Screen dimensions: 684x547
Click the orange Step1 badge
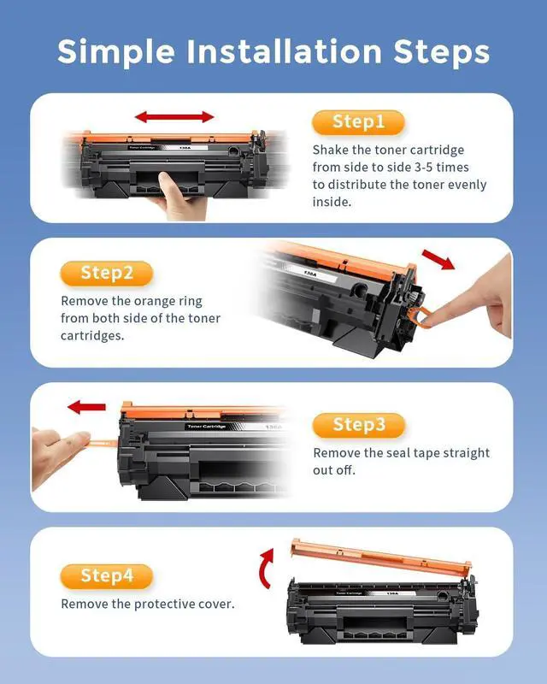coord(358,121)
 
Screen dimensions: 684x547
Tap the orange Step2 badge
coord(107,273)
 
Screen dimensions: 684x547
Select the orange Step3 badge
coord(359,425)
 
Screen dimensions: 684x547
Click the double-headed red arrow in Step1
coord(174,116)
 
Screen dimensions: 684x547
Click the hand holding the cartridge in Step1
coord(179,199)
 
